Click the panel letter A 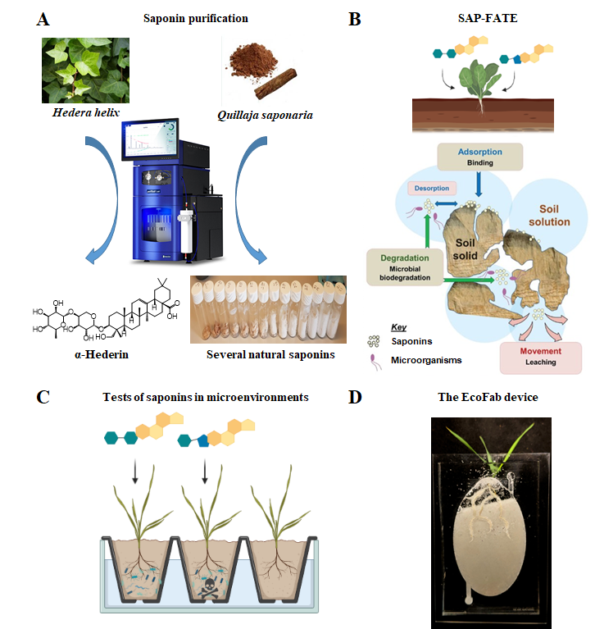pos(43,19)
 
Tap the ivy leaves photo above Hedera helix pos(85,71)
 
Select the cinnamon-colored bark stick pos(275,84)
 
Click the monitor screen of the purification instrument pos(150,139)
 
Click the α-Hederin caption pos(102,354)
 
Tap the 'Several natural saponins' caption pos(270,354)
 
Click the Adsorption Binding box pos(480,157)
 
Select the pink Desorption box pos(432,188)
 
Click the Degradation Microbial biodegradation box pos(405,267)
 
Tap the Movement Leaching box pos(540,358)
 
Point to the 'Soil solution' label pos(549,216)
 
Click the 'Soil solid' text pos(465,249)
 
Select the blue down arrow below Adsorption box pos(479,185)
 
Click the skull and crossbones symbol pos(209,589)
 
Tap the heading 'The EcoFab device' pos(488,397)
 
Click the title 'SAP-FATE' pos(488,18)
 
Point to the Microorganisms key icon pos(375,362)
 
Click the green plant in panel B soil pos(480,82)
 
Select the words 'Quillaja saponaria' pos(265,116)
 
